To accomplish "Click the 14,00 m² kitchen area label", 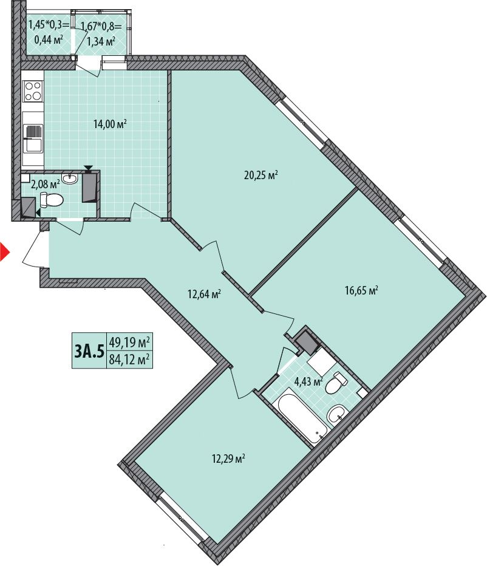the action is pos(110,124).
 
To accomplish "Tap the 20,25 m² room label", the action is pos(261,176).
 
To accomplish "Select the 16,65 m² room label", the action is pos(361,290).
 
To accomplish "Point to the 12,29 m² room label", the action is pos(228,459).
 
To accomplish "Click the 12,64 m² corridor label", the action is pos(204,294).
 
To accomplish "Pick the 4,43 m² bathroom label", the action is pos(308,381).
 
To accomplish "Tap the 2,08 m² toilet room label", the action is pos(45,185).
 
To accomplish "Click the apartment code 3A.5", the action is pos(89,350).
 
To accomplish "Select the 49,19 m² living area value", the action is pos(129,341).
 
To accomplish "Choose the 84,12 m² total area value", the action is pos(129,360).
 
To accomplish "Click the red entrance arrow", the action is pos(4,251).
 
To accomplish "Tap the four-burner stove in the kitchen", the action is pos(33,90).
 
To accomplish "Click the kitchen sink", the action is pos(33,138).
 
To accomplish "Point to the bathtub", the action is pos(302,418).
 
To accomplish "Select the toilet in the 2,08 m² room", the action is pos(51,200).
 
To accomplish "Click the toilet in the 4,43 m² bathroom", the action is pos(336,383).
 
